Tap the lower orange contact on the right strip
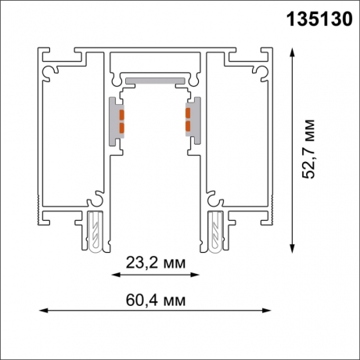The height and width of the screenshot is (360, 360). (187, 124)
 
